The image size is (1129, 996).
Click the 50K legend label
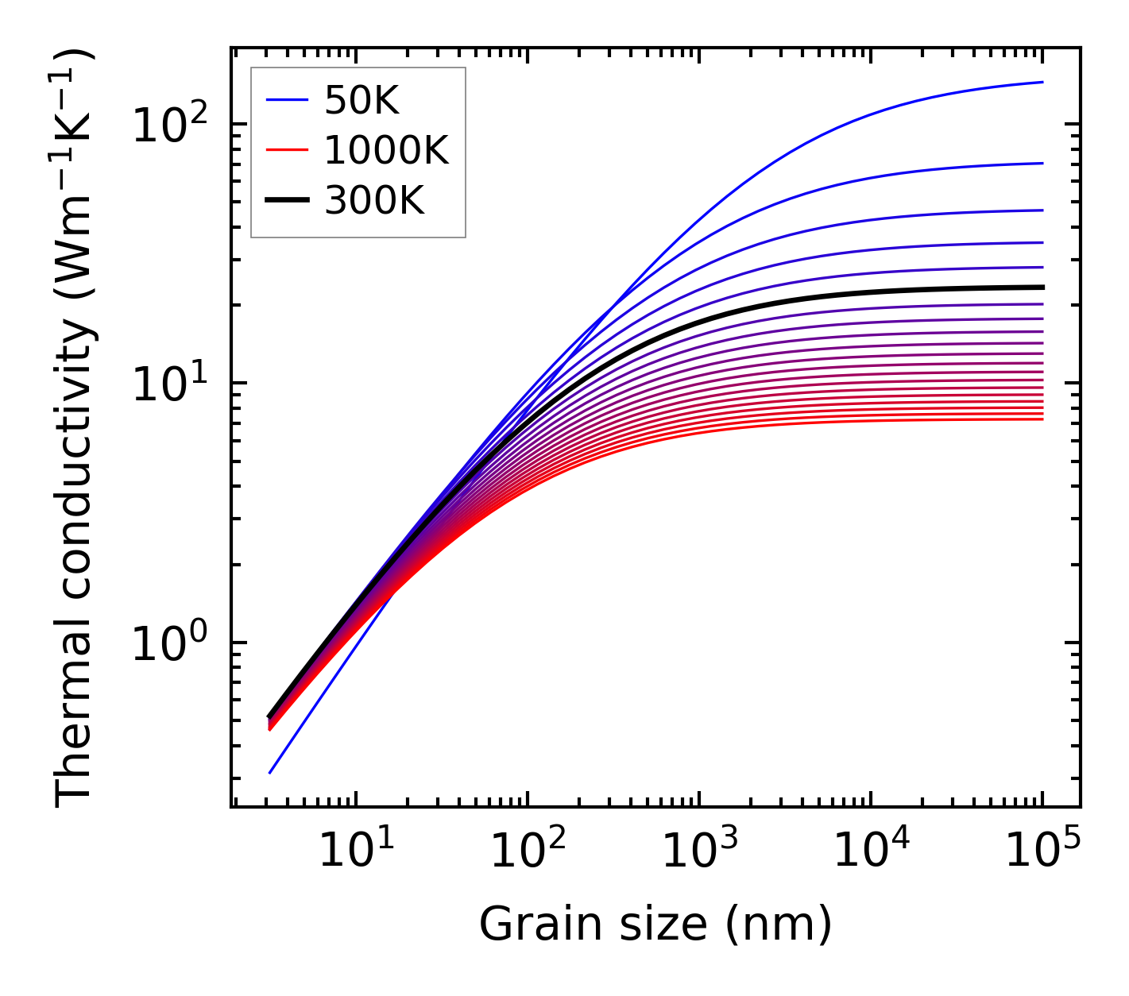[362, 100]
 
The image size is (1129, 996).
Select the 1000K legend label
[386, 150]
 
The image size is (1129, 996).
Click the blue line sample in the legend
[287, 100]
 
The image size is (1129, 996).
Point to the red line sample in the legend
[287, 150]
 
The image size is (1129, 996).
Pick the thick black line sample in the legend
[287, 201]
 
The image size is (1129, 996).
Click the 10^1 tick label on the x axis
[355, 851]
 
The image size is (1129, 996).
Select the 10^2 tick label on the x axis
[527, 851]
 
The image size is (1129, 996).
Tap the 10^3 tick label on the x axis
[698, 851]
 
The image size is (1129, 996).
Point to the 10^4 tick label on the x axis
[870, 851]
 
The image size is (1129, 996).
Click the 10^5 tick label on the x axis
[1042, 851]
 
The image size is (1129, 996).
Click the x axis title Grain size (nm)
[655, 925]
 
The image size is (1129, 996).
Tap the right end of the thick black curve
[1042, 288]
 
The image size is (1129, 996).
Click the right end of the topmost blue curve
[1042, 82]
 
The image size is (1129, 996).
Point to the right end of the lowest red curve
[1042, 419]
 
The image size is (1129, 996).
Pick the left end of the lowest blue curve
[270, 773]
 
